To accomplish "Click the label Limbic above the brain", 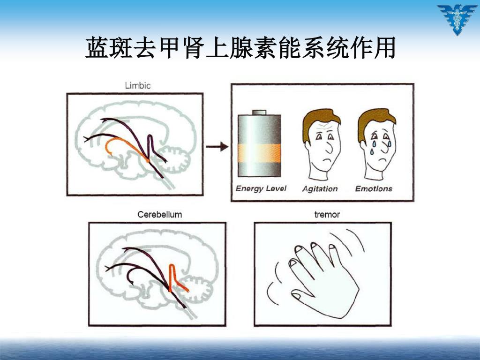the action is [x=138, y=85].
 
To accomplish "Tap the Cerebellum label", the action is [x=160, y=214].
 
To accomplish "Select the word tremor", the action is [x=327, y=215].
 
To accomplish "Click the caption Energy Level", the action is [x=261, y=188].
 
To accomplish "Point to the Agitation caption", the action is [x=320, y=189].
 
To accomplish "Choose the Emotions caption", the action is [x=374, y=188].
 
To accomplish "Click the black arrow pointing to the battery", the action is [x=217, y=147].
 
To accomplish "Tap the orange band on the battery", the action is [x=259, y=153].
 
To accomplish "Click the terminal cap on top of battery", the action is [x=259, y=112].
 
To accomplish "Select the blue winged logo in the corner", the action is [x=457, y=19].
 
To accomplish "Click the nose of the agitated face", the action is [x=330, y=146].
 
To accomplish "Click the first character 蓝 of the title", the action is [x=97, y=47].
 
